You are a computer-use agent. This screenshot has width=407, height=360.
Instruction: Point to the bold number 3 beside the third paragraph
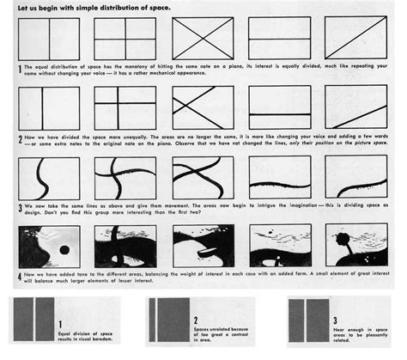(19, 207)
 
